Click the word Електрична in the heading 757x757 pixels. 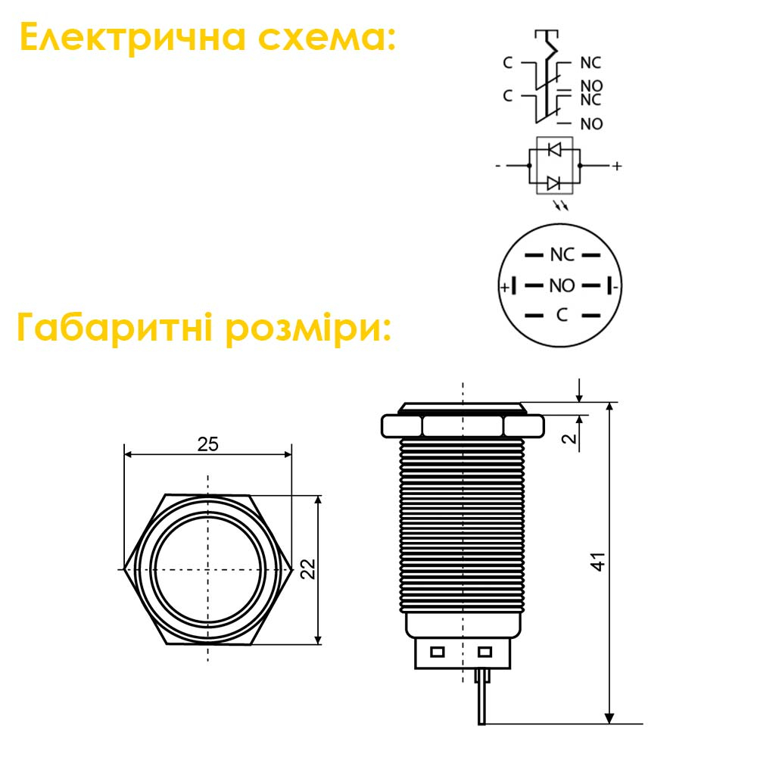tap(132, 37)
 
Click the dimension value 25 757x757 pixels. tap(208, 444)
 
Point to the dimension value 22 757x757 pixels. tap(307, 569)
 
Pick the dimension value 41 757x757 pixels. tap(598, 562)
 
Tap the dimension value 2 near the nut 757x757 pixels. tap(570, 438)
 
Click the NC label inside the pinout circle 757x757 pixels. tap(562, 255)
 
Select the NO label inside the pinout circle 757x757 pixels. tap(562, 286)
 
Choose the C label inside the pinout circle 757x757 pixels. tap(562, 315)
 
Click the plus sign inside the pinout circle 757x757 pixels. tap(505, 288)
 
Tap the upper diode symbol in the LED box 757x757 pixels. tap(555, 149)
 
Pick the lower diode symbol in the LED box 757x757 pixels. tap(555, 183)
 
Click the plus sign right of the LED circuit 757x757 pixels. tap(617, 166)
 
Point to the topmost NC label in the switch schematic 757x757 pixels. tap(590, 63)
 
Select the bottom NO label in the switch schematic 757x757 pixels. tap(591, 124)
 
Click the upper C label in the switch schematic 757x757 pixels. tap(507, 63)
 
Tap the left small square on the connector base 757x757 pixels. tap(437, 653)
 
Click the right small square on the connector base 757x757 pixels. tap(484, 653)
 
